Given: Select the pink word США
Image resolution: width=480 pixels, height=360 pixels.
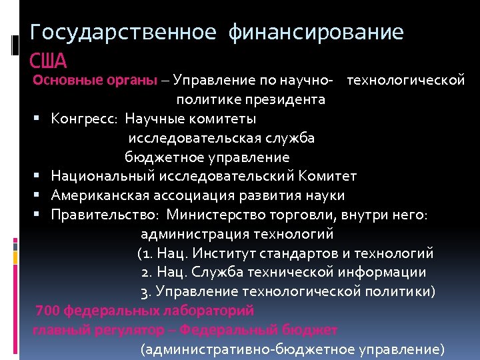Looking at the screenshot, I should pos(49,61).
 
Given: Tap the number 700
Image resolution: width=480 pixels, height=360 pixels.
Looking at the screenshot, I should pos(47,310).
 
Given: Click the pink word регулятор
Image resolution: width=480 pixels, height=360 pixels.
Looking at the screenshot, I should pos(119,329).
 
